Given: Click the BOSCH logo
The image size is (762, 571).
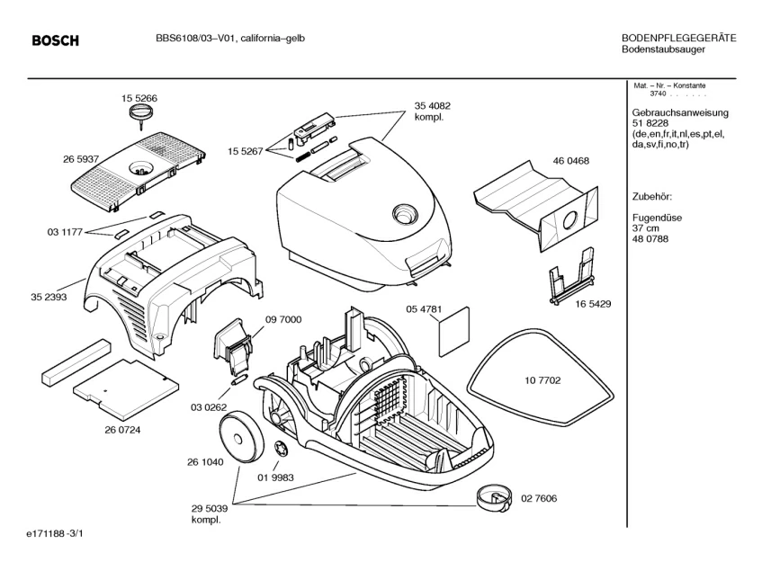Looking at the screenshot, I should pos(56,40).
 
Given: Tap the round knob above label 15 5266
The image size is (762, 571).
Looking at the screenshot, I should pos(139,112).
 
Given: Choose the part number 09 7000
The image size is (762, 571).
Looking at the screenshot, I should pos(283,319).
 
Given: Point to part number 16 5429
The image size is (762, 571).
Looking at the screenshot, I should pos(593,304).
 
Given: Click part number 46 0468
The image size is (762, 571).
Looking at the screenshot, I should pos(571,161).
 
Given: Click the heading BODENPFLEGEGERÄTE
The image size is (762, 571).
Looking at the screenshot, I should pos(679,39).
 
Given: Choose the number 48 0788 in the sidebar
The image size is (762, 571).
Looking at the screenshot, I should pos(651,237).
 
